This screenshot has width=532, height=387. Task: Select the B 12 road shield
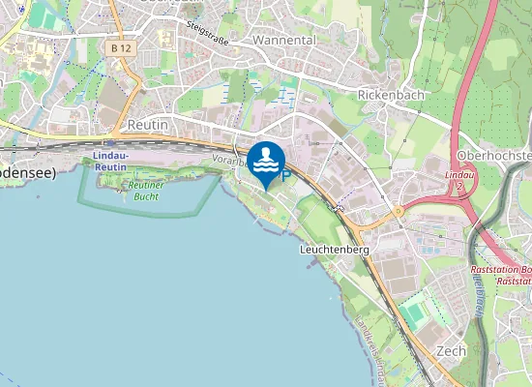[121, 47]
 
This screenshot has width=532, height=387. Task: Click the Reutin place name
[149, 126]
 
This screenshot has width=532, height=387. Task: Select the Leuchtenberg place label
[335, 249]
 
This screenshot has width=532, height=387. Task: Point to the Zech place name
[451, 350]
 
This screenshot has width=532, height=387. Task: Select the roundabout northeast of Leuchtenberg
[397, 210]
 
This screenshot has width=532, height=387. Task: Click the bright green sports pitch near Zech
[415, 313]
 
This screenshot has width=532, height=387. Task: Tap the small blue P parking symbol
[284, 175]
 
